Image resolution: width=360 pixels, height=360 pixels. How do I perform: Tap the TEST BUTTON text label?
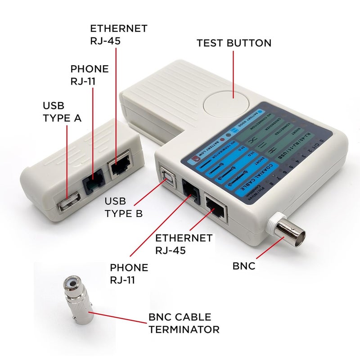click(234, 43)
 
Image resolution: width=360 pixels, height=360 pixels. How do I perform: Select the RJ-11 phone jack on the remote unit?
click(93, 182)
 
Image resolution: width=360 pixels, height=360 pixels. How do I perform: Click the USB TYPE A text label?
click(62, 112)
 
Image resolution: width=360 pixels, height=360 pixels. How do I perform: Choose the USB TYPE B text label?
click(124, 207)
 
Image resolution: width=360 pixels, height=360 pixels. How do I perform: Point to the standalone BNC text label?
click(244, 266)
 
